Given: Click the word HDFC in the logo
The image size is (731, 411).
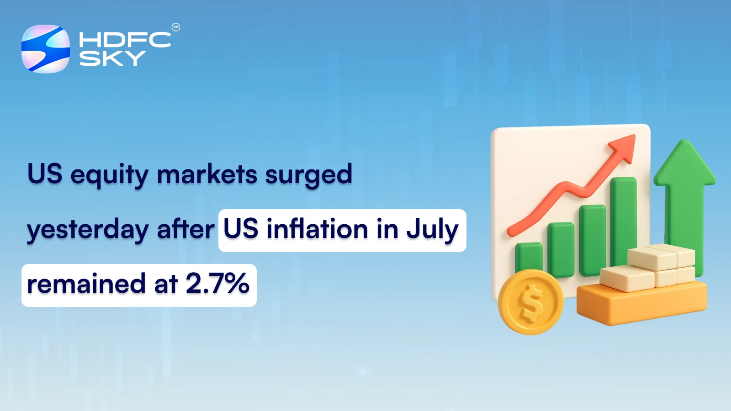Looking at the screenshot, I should point(125,40).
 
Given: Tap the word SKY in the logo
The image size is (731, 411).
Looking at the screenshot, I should point(112,58).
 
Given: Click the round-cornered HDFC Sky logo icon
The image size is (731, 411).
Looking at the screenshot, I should point(46,49).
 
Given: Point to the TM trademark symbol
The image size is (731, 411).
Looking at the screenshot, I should point(176,27).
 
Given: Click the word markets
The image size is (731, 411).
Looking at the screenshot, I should point(207,174).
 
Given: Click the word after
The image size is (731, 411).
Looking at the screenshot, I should point(185,229).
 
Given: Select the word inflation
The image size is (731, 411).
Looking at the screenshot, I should point(317,229).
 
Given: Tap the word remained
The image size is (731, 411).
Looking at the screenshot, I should point(86,284).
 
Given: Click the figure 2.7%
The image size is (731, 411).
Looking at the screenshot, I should point(217,284).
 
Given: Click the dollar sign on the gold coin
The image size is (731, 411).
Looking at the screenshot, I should point(531,302).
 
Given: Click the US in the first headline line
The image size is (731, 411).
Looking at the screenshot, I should point(45,174).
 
